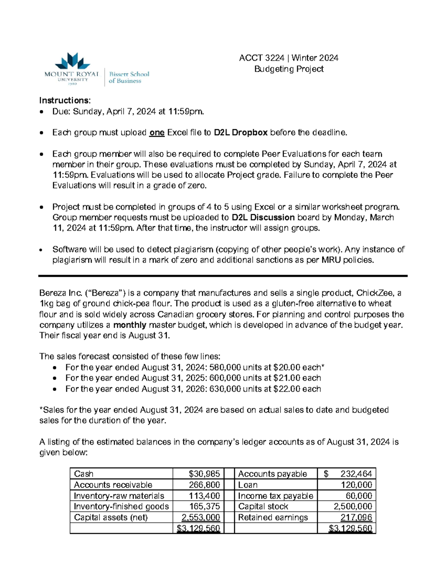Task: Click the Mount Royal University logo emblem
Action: [72, 61]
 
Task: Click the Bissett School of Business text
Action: [129, 77]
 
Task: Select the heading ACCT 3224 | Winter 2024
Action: [288, 58]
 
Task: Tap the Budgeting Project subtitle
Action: [289, 69]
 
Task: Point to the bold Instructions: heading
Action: [65, 100]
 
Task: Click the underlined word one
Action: [156, 133]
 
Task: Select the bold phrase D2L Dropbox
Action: [241, 133]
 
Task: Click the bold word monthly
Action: [129, 325]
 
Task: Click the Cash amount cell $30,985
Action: [204, 474]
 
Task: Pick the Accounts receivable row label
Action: [113, 485]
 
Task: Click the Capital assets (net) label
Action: [111, 518]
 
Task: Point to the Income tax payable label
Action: [275, 496]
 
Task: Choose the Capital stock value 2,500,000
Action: [353, 506]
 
